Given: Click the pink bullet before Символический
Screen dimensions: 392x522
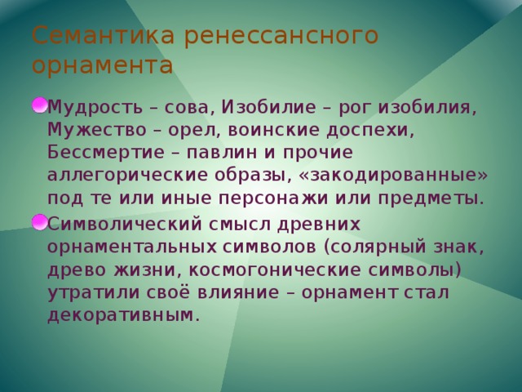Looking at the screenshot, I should [x=38, y=220].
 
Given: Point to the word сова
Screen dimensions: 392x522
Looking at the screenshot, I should [x=189, y=107].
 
